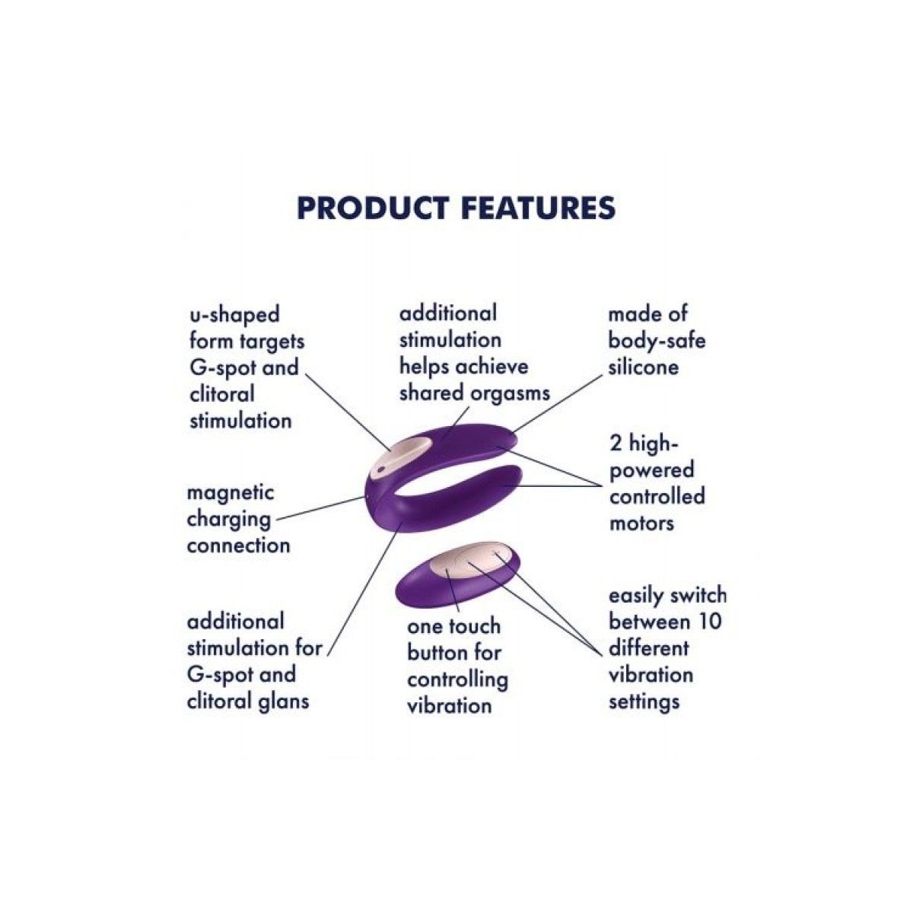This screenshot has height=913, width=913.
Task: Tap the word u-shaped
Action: tap(234, 316)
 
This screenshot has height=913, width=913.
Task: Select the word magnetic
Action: tap(231, 492)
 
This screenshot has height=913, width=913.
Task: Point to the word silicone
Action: tap(643, 367)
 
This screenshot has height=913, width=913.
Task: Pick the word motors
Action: tap(641, 523)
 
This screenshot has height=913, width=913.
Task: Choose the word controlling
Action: tap(457, 679)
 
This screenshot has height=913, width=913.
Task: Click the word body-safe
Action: tap(657, 341)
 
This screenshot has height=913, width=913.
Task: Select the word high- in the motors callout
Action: tap(655, 445)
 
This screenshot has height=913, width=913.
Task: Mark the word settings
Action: tap(644, 701)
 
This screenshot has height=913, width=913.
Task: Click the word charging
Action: tap(229, 520)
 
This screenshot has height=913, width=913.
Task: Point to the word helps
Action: tap(419, 367)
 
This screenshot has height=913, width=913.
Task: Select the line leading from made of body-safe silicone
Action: tap(559, 402)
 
